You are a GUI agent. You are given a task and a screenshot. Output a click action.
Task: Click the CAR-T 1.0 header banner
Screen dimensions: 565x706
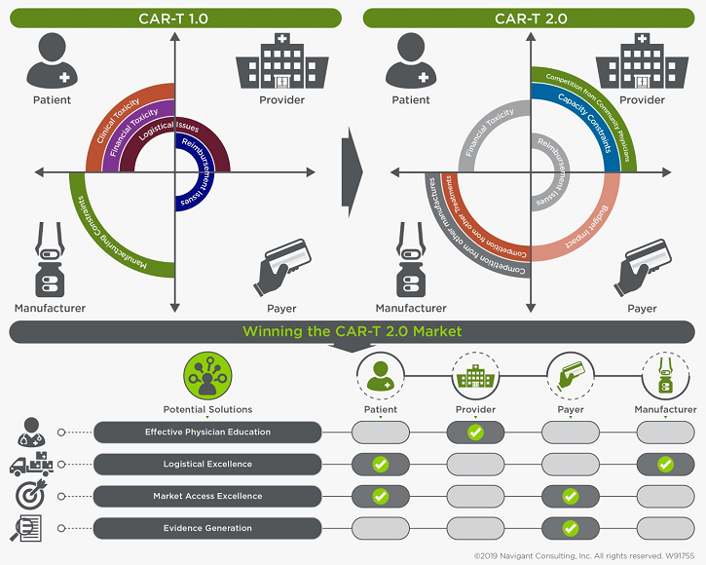tap(174, 18)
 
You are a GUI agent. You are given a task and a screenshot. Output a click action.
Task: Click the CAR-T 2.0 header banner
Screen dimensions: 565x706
tap(530, 18)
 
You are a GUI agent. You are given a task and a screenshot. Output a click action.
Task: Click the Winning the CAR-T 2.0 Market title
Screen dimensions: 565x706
tap(352, 332)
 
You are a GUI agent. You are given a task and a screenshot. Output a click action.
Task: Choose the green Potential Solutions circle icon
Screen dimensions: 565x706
tap(206, 376)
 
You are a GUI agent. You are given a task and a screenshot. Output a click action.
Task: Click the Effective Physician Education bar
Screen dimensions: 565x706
tap(207, 432)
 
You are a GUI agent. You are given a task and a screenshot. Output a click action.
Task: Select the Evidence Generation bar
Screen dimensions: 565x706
tap(207, 528)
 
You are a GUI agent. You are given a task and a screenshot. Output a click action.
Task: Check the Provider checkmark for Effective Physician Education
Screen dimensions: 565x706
tap(475, 432)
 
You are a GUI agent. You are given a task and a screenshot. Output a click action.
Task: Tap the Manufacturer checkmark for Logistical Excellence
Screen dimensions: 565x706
tap(665, 464)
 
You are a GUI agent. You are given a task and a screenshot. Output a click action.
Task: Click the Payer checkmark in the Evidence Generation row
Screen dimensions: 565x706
tap(571, 528)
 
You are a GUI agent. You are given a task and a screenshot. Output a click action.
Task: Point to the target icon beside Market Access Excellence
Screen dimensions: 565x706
tap(29, 496)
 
